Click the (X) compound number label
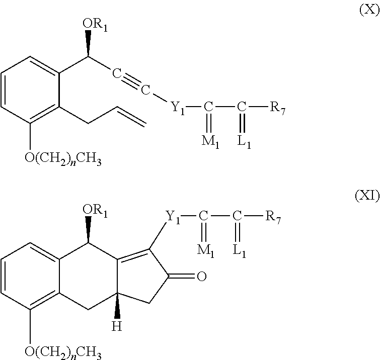pos(369,10)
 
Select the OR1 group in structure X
pos(95,24)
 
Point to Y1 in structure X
pos(178,108)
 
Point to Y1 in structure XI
pos(173,217)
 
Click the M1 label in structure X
pos(210,141)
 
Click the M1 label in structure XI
pos(205,250)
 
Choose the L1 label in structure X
pos(244,141)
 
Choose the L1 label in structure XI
pos(240,250)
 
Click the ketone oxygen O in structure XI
pos(202,276)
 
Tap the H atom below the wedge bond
pos(117,326)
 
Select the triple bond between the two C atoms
pos(131,81)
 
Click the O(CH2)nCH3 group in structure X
pos(63,159)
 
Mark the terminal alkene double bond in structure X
pos(131,117)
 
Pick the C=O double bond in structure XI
pos(182,276)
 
